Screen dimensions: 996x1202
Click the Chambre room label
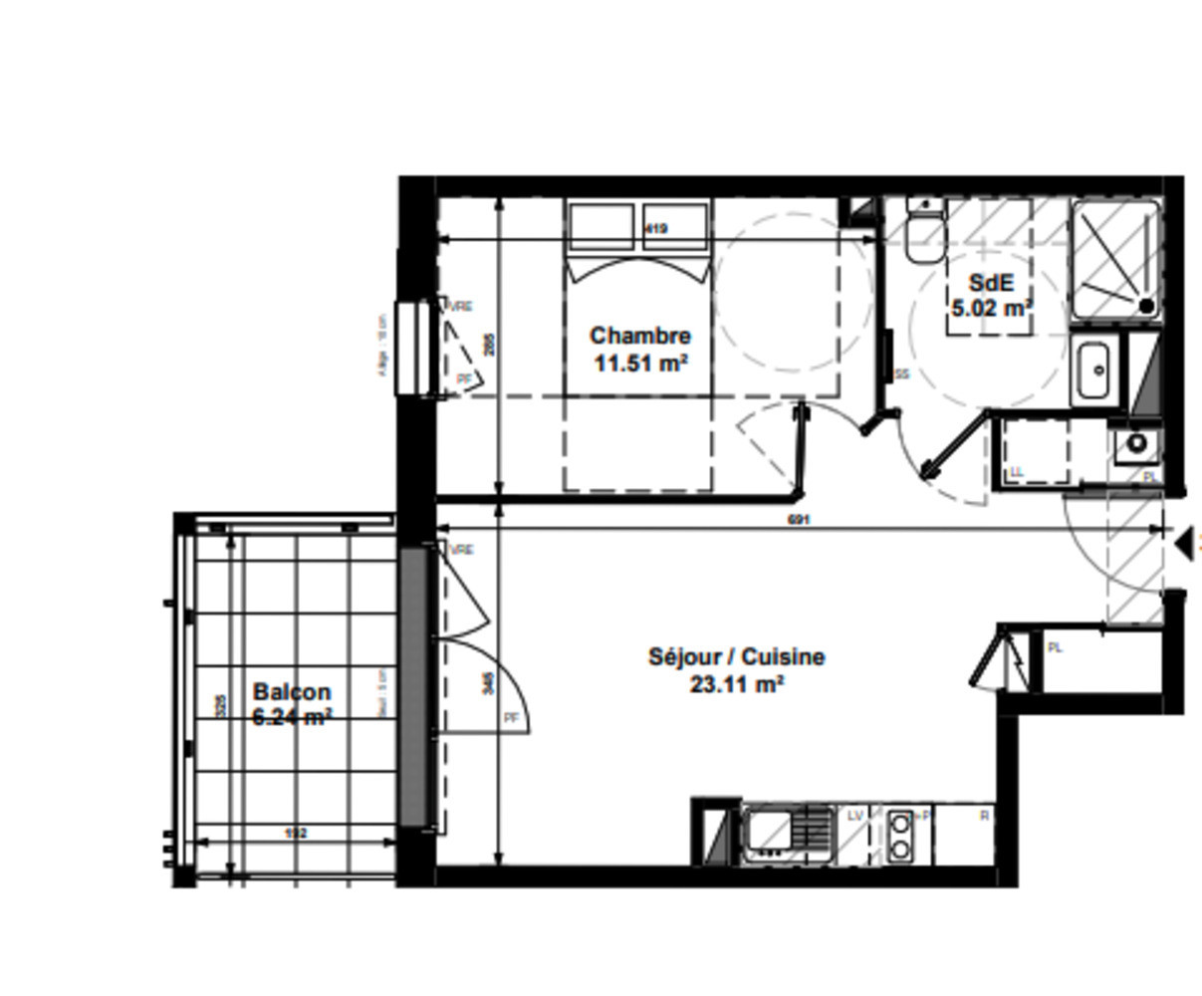639,336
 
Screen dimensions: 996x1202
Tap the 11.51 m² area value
639,364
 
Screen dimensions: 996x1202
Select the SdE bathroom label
989,282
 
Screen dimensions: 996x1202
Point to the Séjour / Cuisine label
736,657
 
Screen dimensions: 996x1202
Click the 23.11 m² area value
736,684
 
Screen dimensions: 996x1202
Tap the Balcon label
292,691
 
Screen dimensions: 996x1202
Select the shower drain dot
1146,306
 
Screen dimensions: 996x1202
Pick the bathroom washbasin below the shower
1096,370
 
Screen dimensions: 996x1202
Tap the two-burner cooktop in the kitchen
900,836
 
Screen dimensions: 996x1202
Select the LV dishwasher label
854,816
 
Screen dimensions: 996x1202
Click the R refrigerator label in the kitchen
984,816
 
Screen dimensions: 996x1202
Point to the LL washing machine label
1017,471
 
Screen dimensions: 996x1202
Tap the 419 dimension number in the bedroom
655,229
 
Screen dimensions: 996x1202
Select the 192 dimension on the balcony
296,833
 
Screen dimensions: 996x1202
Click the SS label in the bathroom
902,374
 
